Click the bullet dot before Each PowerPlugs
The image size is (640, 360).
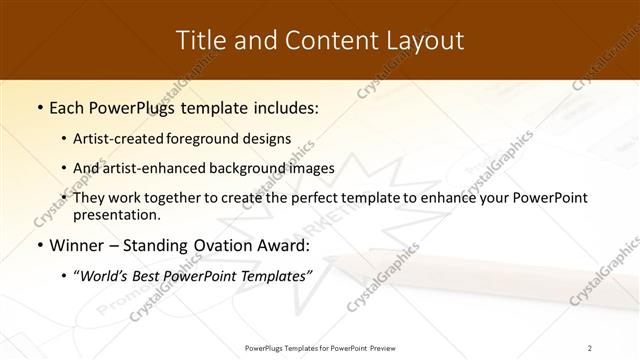(39, 106)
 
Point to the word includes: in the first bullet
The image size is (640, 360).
(283, 106)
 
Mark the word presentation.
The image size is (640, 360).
(115, 214)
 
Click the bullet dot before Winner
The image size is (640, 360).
(39, 244)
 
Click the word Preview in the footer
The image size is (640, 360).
(381, 347)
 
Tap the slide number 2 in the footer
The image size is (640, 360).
(589, 347)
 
